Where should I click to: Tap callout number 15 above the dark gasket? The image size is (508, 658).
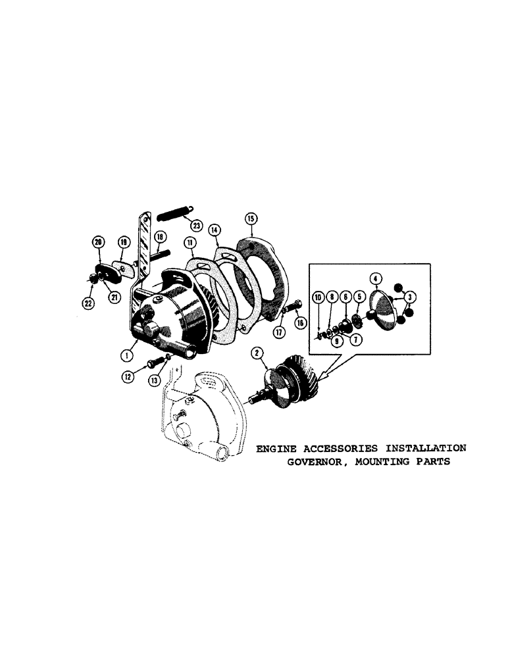[250, 218]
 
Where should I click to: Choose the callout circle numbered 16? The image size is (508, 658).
[301, 322]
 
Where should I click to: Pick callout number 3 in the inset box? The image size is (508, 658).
[411, 297]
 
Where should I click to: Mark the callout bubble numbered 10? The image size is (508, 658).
[317, 298]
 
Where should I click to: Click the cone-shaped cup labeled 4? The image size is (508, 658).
[382, 309]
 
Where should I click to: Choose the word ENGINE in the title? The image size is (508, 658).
[276, 448]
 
